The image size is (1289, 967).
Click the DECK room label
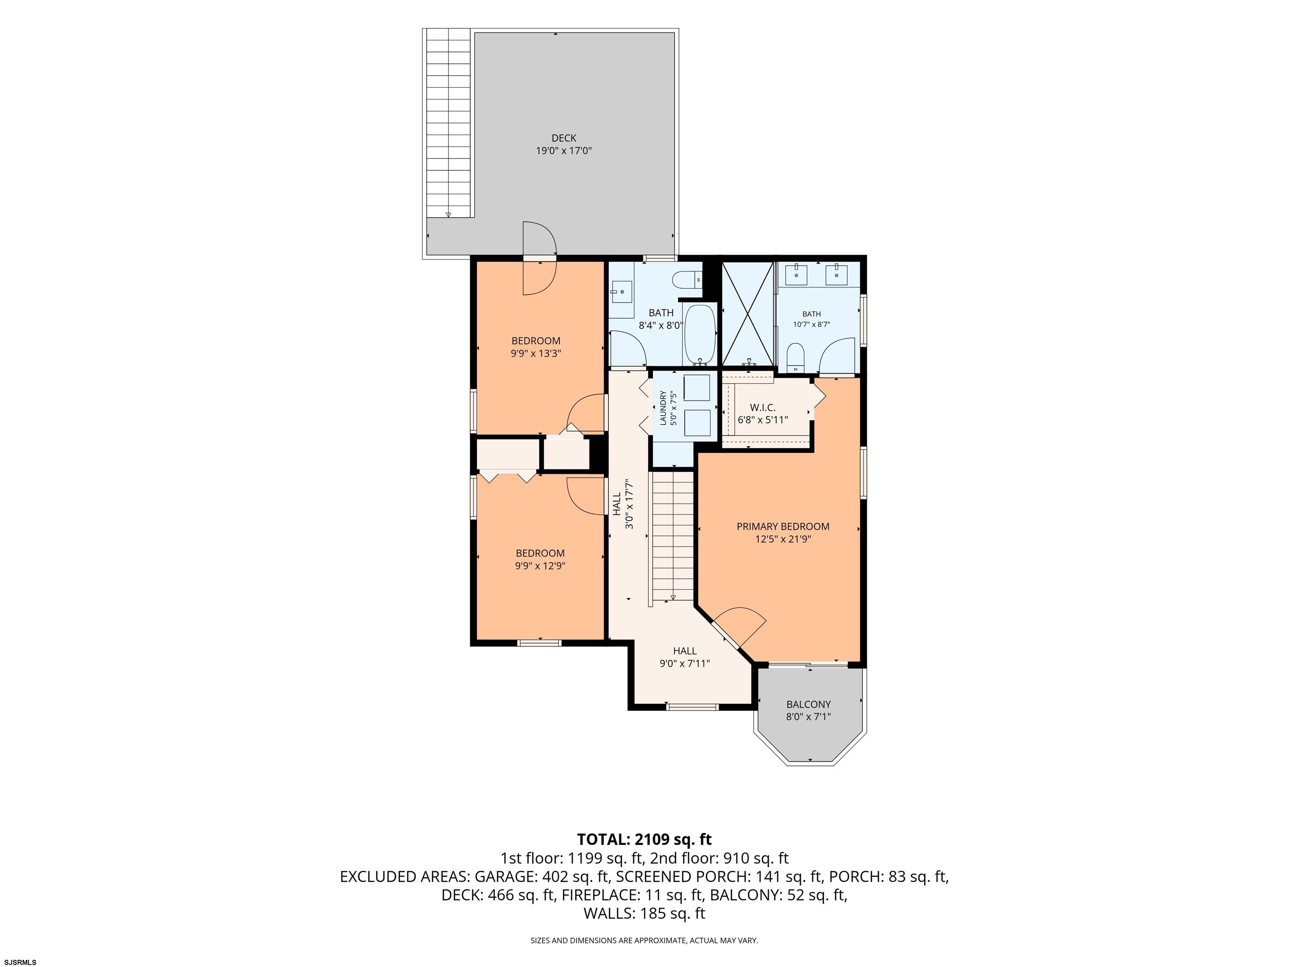click(564, 138)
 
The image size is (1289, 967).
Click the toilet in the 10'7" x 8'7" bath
click(796, 357)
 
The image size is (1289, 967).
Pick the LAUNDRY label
click(663, 408)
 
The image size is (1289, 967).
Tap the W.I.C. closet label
click(763, 408)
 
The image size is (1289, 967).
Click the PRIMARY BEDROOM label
click(783, 527)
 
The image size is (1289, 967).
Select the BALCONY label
click(808, 704)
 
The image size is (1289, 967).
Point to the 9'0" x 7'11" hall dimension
click(685, 663)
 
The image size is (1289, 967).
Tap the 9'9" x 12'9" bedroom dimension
click(540, 565)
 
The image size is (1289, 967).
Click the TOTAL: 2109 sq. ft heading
click(644, 839)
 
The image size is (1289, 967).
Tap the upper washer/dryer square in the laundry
click(697, 388)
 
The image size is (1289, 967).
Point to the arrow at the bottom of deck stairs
click(448, 214)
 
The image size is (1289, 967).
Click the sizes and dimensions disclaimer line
click(644, 940)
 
